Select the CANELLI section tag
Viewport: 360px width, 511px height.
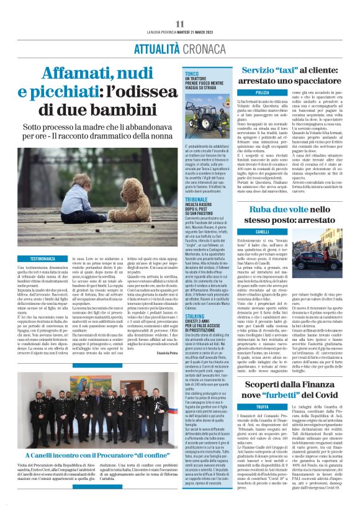click(x=263, y=232)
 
